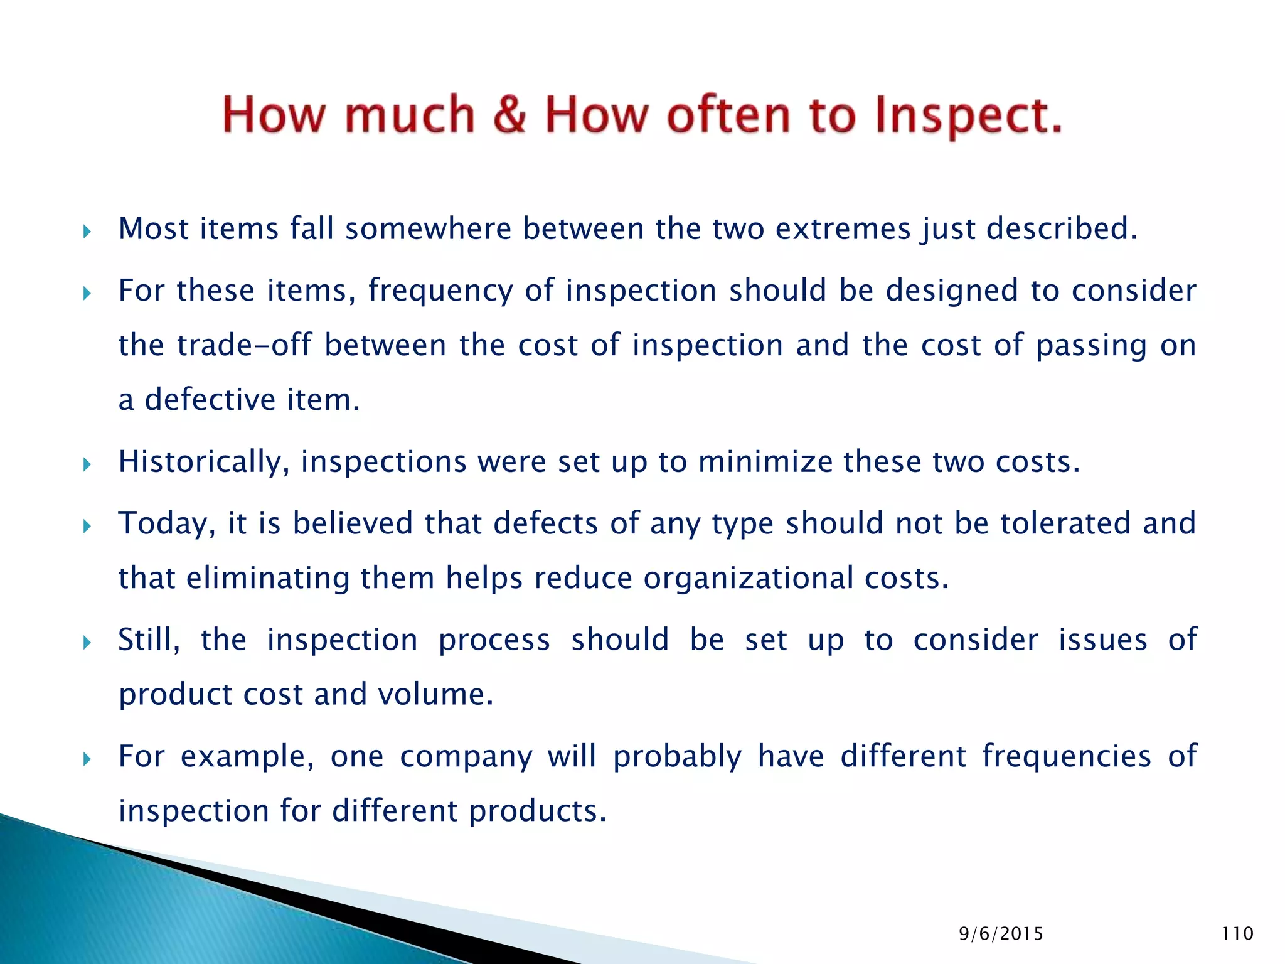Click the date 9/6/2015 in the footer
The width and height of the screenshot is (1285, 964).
pyautogui.click(x=1001, y=934)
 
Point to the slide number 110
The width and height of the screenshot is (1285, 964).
pyautogui.click(x=1237, y=933)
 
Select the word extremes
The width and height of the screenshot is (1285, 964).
pyautogui.click(x=843, y=228)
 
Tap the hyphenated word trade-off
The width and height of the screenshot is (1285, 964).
pyautogui.click(x=244, y=345)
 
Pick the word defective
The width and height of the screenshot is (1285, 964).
pyautogui.click(x=210, y=400)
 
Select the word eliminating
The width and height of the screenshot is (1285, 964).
pyautogui.click(x=268, y=578)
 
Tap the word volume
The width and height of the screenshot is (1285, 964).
pyautogui.click(x=435, y=694)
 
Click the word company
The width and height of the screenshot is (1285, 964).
pyautogui.click(x=466, y=756)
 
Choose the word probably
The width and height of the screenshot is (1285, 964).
pyautogui.click(x=678, y=756)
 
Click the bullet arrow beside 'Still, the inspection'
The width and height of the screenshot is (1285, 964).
pyautogui.click(x=87, y=642)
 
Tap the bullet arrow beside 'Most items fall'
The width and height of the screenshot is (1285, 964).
pyautogui.click(x=87, y=232)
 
